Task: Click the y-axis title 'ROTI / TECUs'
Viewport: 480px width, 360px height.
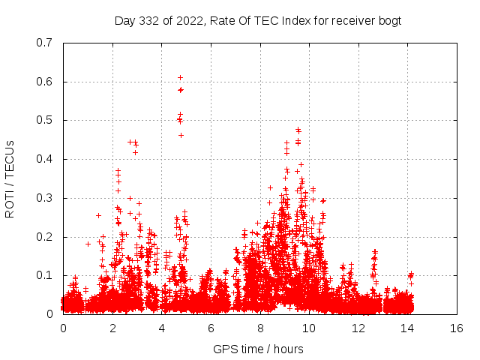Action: [x=10, y=178]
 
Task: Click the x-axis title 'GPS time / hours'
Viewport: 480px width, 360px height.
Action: [x=259, y=349]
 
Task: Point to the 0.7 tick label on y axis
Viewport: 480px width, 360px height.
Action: [x=44, y=43]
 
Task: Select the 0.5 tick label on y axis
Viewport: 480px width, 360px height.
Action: [x=44, y=120]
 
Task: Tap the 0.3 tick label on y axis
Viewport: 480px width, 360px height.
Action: [x=44, y=198]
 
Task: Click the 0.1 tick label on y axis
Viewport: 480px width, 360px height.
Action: [x=44, y=275]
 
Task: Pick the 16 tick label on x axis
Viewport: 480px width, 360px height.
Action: [x=457, y=328]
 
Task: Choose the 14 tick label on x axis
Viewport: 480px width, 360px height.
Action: [x=407, y=328]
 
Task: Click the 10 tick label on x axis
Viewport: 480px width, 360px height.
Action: [x=309, y=328]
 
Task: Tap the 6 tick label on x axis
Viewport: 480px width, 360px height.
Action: [x=211, y=328]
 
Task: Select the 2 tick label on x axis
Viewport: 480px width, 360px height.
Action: [x=112, y=328]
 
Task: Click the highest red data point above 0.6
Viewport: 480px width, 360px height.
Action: [x=180, y=77]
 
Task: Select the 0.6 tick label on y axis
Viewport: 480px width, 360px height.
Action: [x=44, y=82]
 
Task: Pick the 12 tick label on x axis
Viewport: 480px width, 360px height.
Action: [x=358, y=328]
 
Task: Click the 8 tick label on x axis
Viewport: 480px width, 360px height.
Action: [x=260, y=328]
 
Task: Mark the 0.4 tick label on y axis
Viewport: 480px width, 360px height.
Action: [x=44, y=159]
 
